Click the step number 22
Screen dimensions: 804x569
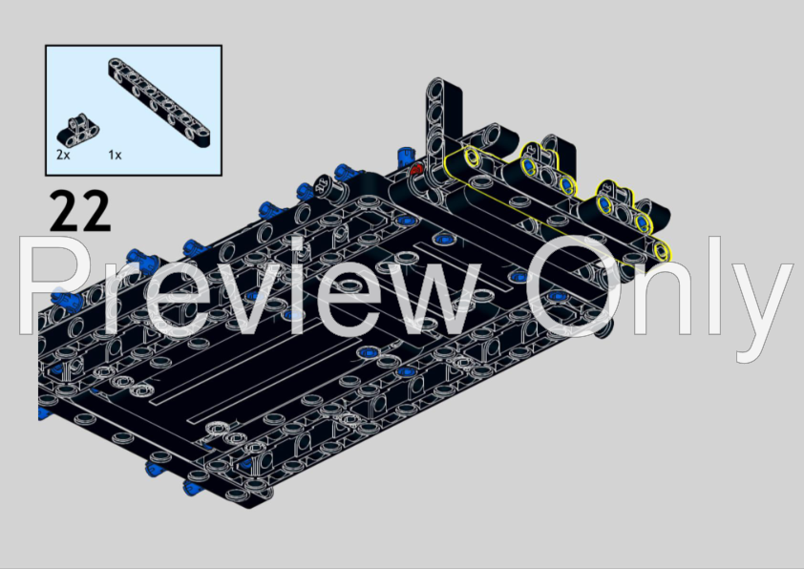point(80,211)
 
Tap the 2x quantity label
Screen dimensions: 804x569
point(63,155)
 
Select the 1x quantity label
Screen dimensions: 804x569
point(115,155)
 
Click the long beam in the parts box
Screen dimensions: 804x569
point(159,102)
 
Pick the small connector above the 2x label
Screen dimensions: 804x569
point(77,130)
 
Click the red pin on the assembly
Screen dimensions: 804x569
point(415,170)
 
